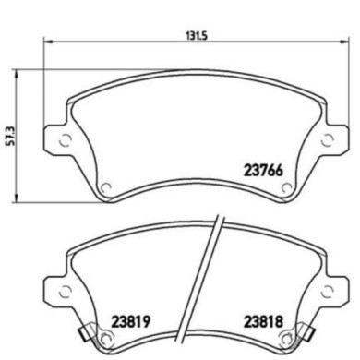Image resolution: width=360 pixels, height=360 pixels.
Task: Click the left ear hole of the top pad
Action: coord(65,141)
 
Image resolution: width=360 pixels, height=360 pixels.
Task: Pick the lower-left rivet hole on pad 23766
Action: coord(106,189)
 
